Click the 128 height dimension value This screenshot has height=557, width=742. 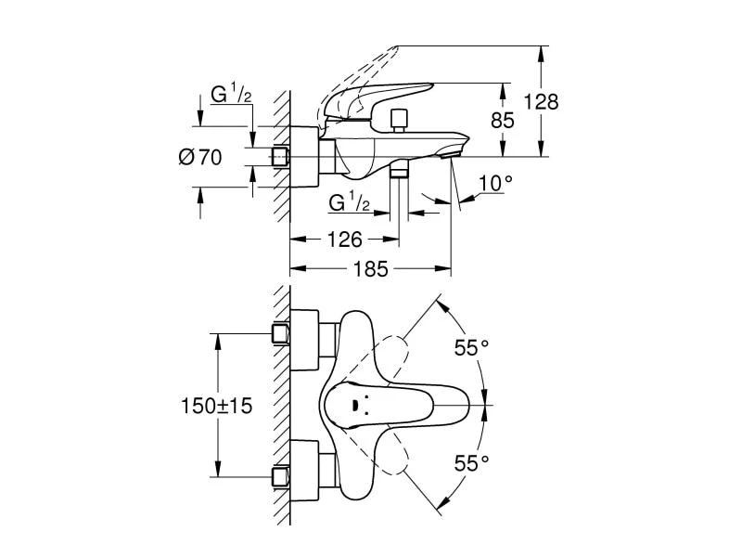pos(542,101)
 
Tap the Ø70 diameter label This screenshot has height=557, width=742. pos(199,158)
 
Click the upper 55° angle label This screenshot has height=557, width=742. pos(470,348)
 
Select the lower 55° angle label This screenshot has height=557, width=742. pos(470,461)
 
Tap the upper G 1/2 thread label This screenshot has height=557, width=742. pos(228,95)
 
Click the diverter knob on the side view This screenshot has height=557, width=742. pos(400,118)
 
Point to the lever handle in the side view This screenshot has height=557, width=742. pos(380,97)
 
